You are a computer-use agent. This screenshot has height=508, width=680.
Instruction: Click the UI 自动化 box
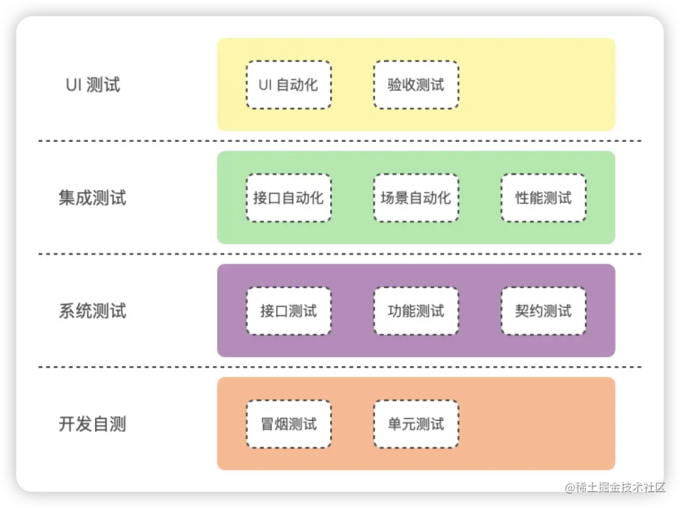pos(288,84)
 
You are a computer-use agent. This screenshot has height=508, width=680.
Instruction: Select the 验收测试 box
pos(416,84)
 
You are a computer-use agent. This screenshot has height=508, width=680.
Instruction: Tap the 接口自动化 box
pos(288,198)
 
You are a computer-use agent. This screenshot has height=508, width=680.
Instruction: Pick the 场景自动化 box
pos(416,198)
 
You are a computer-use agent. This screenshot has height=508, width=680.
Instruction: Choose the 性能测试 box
pos(543,198)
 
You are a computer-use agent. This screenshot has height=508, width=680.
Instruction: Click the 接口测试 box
pos(288,311)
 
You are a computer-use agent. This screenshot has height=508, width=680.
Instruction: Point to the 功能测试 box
pos(416,311)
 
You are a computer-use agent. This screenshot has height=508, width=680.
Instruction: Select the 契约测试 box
pos(543,311)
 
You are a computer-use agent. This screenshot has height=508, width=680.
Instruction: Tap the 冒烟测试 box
pos(288,424)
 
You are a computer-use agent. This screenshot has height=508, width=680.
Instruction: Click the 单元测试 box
pos(416,424)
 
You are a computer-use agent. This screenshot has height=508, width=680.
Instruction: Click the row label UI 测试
pos(93,85)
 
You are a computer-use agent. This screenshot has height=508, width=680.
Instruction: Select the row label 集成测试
pos(93,199)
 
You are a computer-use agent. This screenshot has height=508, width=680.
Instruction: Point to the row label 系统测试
pos(93,311)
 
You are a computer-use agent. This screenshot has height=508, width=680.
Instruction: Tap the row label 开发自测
pos(93,424)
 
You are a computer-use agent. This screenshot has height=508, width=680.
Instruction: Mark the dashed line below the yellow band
pos(340,141)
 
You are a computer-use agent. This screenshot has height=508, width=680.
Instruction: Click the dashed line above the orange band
pos(340,367)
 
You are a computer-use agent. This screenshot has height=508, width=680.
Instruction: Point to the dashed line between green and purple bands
pos(340,254)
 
